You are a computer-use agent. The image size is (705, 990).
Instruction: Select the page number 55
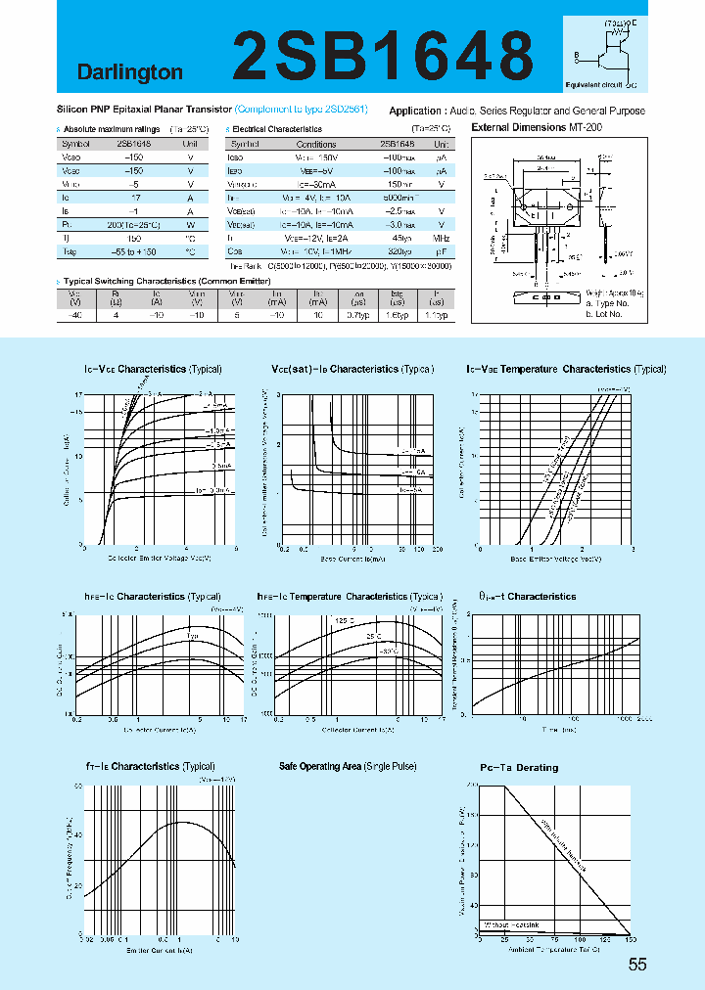637,965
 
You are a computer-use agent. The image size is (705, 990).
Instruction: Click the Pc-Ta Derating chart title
519,768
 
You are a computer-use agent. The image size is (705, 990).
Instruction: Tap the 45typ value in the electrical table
401,238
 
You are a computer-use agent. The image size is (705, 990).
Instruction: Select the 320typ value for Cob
401,251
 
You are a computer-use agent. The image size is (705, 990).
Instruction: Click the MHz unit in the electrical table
442,238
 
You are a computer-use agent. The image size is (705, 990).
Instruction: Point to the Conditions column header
316,143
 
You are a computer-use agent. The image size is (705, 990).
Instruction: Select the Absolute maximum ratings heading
112,129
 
